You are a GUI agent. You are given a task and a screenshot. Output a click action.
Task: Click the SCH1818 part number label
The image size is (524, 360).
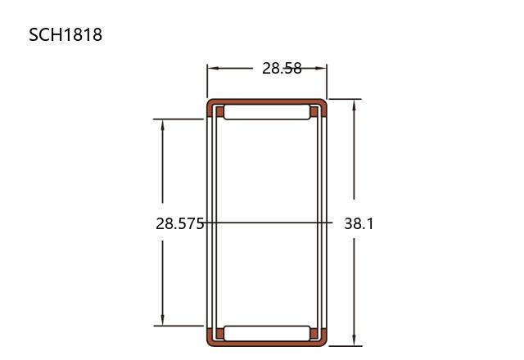[65, 34]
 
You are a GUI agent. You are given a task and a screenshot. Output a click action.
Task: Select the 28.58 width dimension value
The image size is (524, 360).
[282, 68]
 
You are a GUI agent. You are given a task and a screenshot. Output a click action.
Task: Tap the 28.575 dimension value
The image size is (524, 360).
[180, 223]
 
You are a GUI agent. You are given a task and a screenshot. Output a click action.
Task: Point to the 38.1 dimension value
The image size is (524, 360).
[359, 223]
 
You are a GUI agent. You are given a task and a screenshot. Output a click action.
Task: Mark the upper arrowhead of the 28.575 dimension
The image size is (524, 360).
[163, 125]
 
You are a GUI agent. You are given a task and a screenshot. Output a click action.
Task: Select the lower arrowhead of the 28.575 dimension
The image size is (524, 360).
[163, 319]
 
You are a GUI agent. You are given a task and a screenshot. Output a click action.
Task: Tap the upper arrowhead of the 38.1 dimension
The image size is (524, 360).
[355, 106]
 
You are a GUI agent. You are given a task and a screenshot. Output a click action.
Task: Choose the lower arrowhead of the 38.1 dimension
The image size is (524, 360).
[355, 340]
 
